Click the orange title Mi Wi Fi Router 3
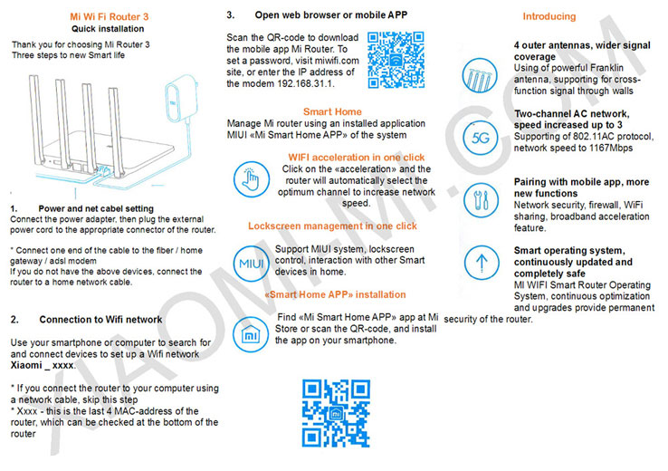click(109, 16)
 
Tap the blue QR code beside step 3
click(396, 59)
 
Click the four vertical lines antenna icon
click(480, 72)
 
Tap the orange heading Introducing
click(549, 16)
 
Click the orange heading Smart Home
click(333, 111)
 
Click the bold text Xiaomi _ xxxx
click(43, 365)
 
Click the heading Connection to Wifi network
click(100, 319)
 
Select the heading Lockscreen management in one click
click(332, 226)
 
